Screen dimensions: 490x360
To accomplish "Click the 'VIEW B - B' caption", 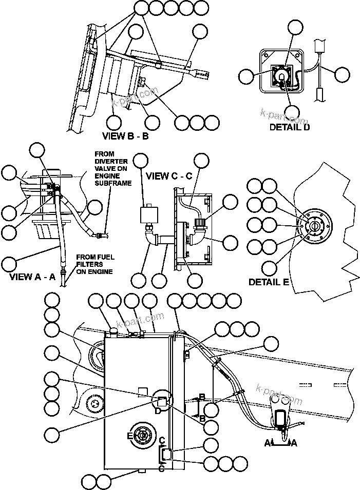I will click(125, 136).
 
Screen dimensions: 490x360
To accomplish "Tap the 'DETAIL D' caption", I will click(290, 127).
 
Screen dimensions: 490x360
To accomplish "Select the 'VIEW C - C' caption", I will click(169, 176).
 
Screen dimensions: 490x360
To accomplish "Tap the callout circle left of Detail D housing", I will click(247, 77).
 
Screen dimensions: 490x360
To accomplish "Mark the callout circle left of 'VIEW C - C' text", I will click(140, 161).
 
